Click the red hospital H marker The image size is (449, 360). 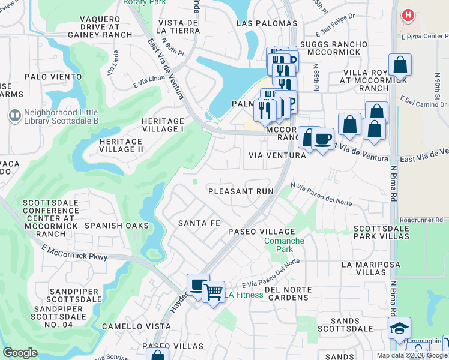click(409, 15)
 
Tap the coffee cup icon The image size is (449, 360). click(323, 139)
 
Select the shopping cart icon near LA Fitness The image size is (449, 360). click(213, 292)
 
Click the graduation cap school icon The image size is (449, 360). click(399, 328)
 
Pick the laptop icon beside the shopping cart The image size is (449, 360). click(197, 285)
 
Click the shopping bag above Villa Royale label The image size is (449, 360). click(399, 65)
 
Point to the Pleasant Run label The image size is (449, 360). click(240, 191)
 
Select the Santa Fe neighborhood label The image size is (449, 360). click(199, 223)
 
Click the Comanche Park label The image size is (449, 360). click(285, 245)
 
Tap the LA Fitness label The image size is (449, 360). click(244, 295)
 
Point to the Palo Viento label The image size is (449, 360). click(53, 77)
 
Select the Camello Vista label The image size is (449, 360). click(128, 326)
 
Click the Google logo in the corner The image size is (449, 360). click(20, 353)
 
